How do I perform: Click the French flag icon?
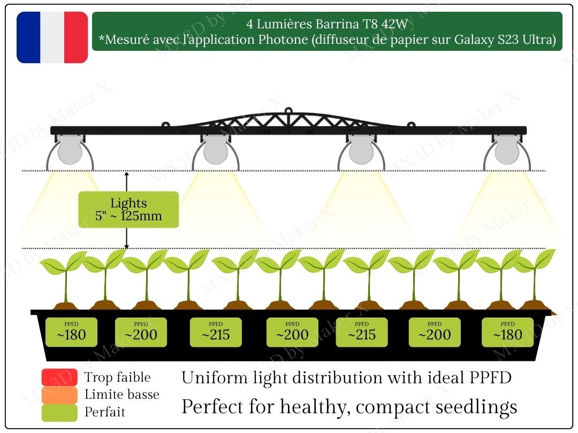[x=52, y=37]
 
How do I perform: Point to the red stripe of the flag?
[x=76, y=37]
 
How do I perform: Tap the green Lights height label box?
[x=128, y=210]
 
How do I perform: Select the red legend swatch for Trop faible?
[x=59, y=378]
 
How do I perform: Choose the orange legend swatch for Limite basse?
[x=59, y=395]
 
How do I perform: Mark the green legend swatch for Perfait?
[x=59, y=413]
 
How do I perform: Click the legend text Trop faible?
[x=117, y=378]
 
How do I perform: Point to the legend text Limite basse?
[x=121, y=395]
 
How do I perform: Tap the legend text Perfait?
[x=105, y=413]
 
